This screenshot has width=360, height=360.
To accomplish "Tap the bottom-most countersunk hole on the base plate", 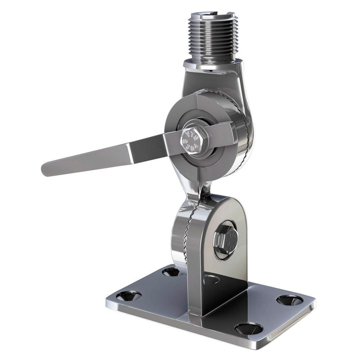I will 248,328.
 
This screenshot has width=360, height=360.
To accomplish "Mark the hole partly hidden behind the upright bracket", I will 212,279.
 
